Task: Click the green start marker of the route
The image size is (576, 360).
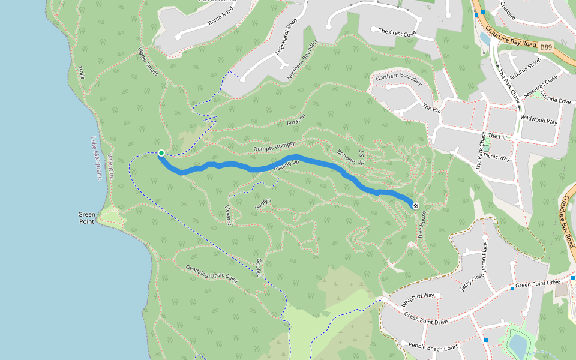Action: pos(161,153)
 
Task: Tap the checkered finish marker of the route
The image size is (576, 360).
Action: pos(416,206)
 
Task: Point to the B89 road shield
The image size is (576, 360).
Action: pos(545,46)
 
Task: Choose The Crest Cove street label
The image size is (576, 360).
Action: pos(394,31)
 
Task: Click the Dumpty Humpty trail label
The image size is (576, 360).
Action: pos(274,146)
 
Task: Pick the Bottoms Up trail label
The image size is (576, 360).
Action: pos(351,157)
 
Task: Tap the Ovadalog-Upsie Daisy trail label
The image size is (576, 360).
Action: pos(212,274)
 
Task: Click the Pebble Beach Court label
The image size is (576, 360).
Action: pos(433,347)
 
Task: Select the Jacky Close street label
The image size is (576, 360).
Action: pos(472,280)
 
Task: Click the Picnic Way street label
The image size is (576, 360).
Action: pos(497,158)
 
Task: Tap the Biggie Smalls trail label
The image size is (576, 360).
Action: pos(148,61)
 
